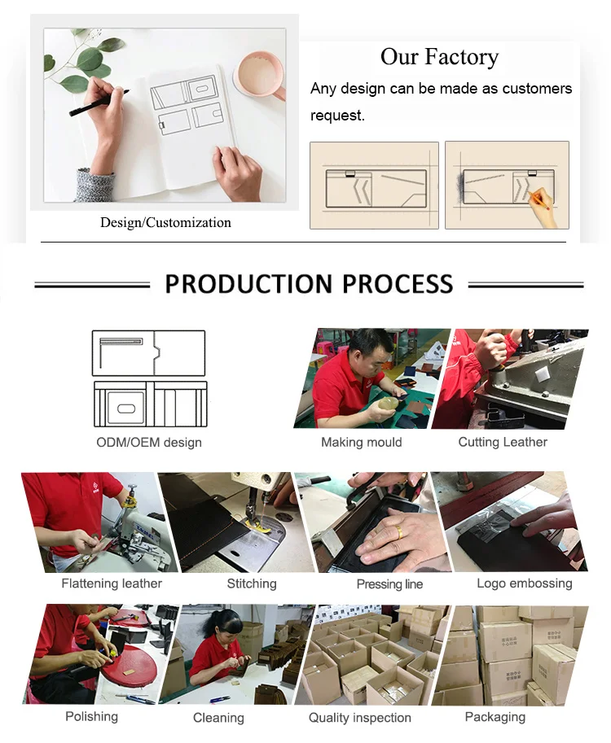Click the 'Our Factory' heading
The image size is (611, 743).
click(439, 56)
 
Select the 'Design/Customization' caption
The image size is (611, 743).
click(165, 222)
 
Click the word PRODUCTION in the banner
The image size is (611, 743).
click(248, 284)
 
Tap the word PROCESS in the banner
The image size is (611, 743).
click(398, 284)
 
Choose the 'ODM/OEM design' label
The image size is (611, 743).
click(149, 443)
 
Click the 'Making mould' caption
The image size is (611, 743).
click(362, 442)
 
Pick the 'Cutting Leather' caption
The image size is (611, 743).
click(503, 442)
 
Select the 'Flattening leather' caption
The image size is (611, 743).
click(112, 583)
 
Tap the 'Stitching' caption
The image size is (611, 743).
click(252, 583)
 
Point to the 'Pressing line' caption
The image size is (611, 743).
click(389, 584)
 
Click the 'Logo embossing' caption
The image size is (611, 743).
click(524, 583)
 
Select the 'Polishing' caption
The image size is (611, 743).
click(91, 716)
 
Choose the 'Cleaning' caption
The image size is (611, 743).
click(218, 718)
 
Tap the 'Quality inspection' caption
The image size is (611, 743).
click(359, 718)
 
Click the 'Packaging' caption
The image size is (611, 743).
click(495, 717)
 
